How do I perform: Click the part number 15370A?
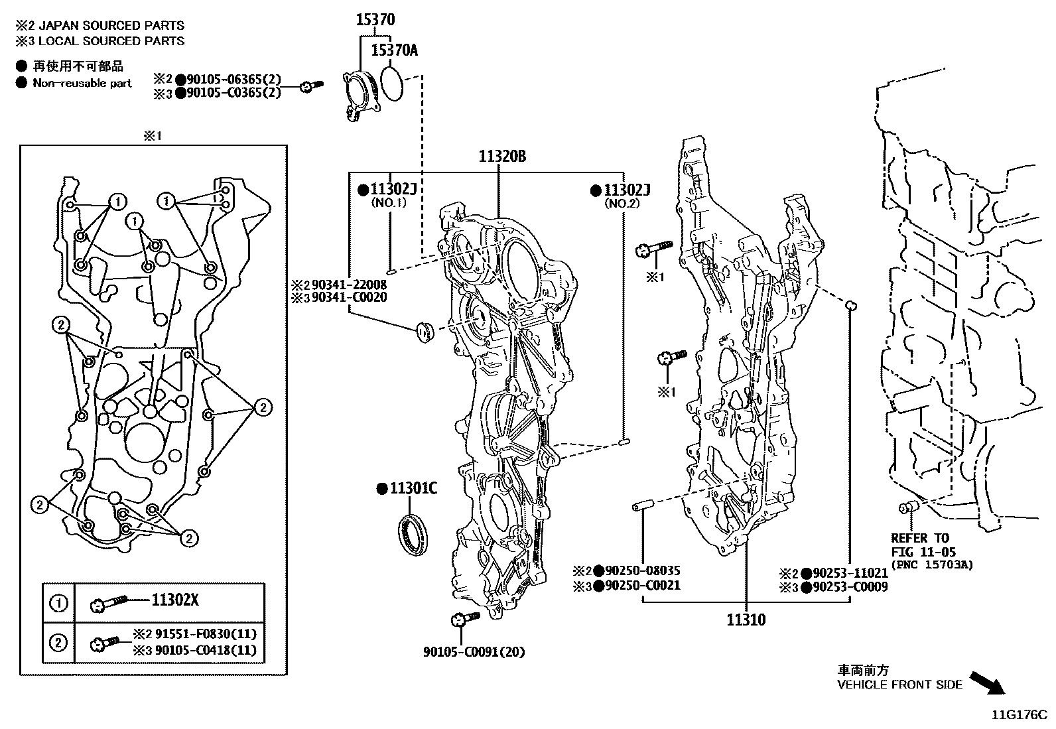click(x=394, y=50)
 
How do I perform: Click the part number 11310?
click(x=746, y=620)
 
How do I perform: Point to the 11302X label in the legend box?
click(x=175, y=601)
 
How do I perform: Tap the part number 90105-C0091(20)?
click(x=474, y=652)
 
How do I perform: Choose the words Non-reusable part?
click(x=82, y=84)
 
